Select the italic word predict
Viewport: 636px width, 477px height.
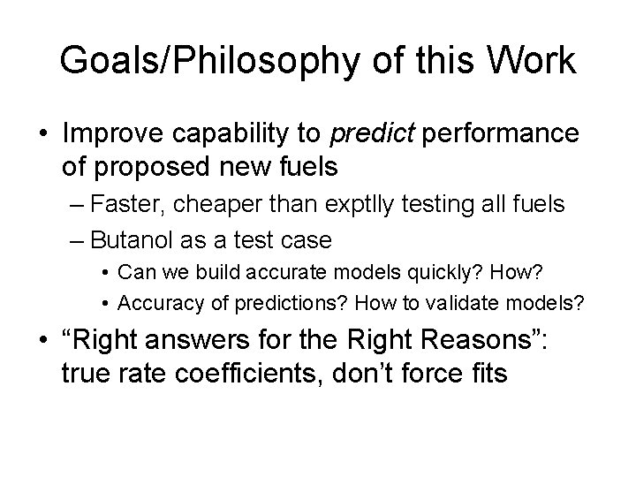pyautogui.click(x=368, y=134)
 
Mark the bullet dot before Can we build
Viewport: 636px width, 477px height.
pyautogui.click(x=105, y=269)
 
